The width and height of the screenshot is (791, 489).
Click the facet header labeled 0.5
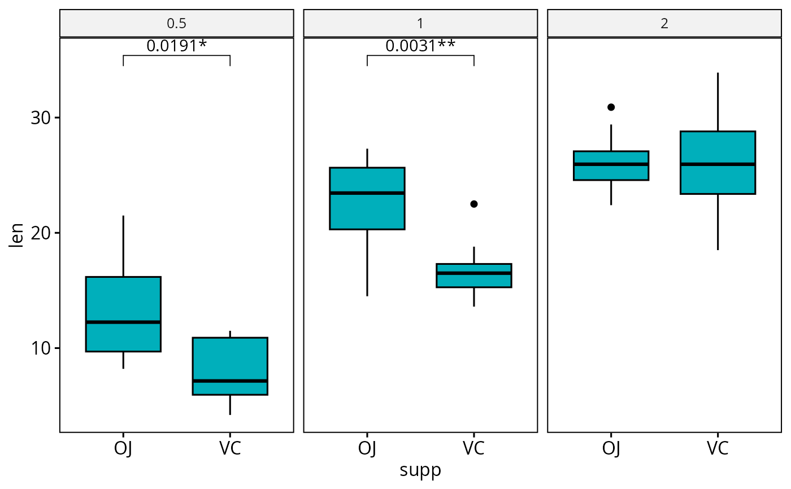[176, 24]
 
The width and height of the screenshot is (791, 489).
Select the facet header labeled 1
[420, 24]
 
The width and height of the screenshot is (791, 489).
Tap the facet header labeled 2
[664, 24]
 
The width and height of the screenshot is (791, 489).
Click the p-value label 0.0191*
[176, 46]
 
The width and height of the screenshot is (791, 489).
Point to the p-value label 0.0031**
[420, 46]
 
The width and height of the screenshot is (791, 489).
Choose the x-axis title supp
[420, 470]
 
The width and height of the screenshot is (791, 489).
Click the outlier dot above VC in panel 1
[474, 204]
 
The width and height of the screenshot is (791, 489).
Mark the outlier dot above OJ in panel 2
[611, 107]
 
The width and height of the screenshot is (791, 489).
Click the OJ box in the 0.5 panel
[123, 314]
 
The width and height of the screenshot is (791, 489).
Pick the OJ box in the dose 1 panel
[367, 198]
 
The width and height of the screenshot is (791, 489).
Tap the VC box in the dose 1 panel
[474, 276]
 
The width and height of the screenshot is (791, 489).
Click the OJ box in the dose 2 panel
[611, 165]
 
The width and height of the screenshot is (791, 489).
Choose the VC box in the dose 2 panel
[718, 163]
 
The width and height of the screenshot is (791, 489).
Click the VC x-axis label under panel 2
[718, 448]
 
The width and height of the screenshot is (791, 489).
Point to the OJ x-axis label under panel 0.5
[123, 448]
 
